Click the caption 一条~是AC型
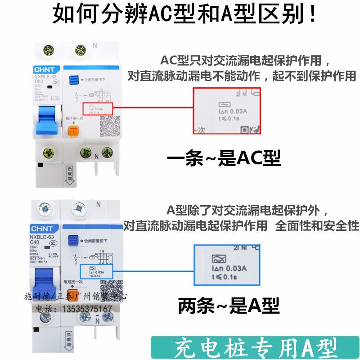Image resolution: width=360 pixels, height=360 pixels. pyautogui.click(x=224, y=158)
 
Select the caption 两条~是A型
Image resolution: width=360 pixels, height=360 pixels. pyautogui.click(x=229, y=306)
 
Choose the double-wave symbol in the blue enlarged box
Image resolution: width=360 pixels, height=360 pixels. pyautogui.click(x=218, y=259)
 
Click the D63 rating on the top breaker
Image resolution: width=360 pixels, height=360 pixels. pyautogui.click(x=39, y=82)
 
